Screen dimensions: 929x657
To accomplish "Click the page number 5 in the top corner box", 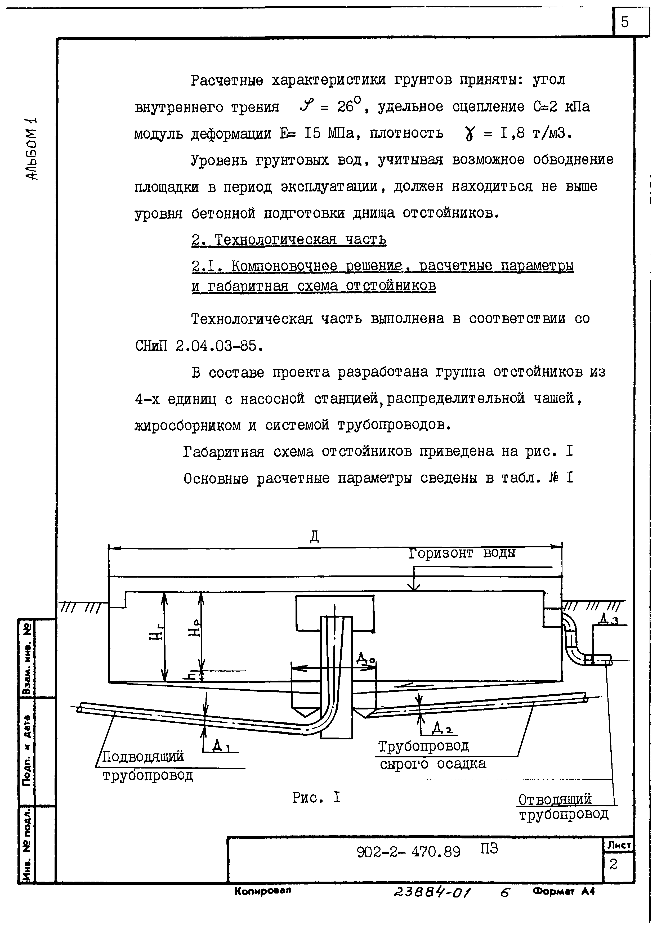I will tap(625, 22).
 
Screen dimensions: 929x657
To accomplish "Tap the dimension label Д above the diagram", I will tap(314, 537).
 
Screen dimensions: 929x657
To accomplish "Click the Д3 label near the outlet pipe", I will tap(609, 619).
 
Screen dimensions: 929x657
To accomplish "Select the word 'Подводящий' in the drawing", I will tap(143, 756).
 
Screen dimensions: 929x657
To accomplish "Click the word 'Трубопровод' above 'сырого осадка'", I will tap(423, 746).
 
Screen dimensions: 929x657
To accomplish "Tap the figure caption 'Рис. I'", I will tap(316, 797).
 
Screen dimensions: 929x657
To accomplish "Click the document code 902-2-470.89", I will tap(409, 852).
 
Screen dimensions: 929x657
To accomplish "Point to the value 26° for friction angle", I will tap(351, 106).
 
